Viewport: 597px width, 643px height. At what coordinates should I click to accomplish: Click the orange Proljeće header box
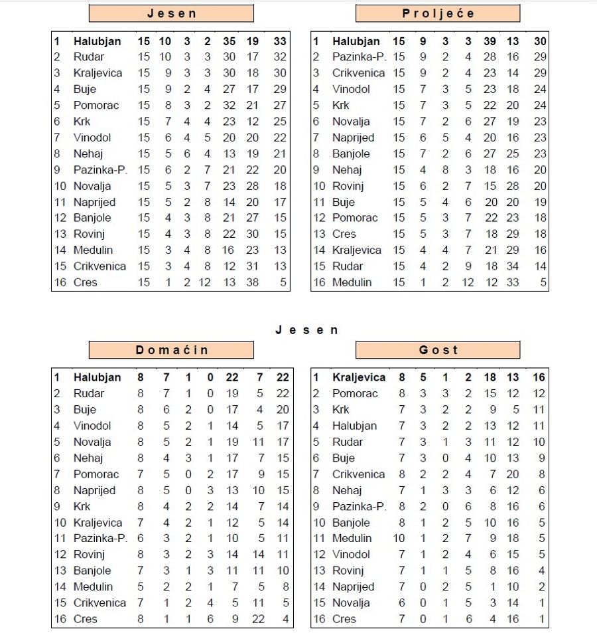pos(438,14)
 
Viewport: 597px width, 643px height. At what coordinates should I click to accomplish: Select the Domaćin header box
pos(171,350)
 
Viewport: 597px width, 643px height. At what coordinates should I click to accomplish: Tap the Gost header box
pos(438,350)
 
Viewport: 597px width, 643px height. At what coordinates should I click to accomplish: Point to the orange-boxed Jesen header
pos(171,14)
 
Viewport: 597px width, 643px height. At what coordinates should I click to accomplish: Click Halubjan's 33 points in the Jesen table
pos(280,41)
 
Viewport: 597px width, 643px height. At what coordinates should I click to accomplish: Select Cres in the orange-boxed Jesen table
pos(86,282)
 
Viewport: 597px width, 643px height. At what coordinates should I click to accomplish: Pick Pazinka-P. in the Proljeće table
pos(359,57)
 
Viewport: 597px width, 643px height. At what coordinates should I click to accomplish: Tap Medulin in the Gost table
pos(352,539)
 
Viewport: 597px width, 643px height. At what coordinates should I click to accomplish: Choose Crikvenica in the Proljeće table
pos(359,73)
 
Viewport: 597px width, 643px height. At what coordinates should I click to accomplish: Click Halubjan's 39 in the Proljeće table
pos(490,41)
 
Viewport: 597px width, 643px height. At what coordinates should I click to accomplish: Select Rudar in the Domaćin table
pos(89,393)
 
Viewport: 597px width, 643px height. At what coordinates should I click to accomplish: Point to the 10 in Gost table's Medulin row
pos(401,539)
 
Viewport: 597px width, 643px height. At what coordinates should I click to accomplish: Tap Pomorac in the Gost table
pos(355,393)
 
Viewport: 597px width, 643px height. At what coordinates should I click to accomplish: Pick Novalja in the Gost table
pos(352,603)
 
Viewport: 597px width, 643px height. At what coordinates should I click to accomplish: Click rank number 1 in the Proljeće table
pos(316,41)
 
